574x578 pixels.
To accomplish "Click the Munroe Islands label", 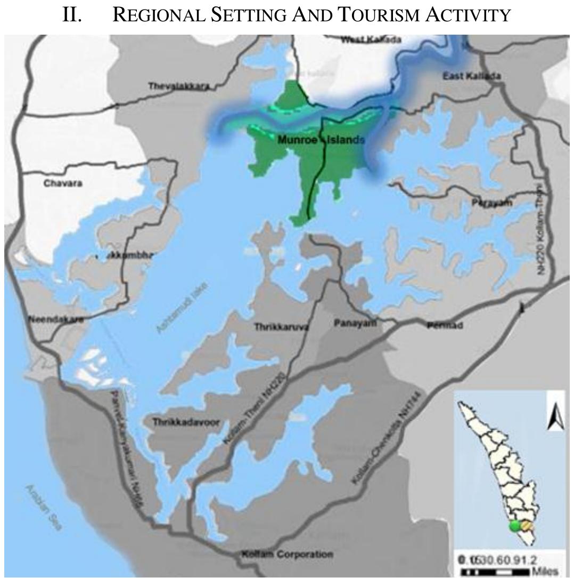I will point(321,140).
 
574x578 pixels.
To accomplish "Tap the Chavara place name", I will point(59,183).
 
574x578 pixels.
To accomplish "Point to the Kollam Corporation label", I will point(288,555).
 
